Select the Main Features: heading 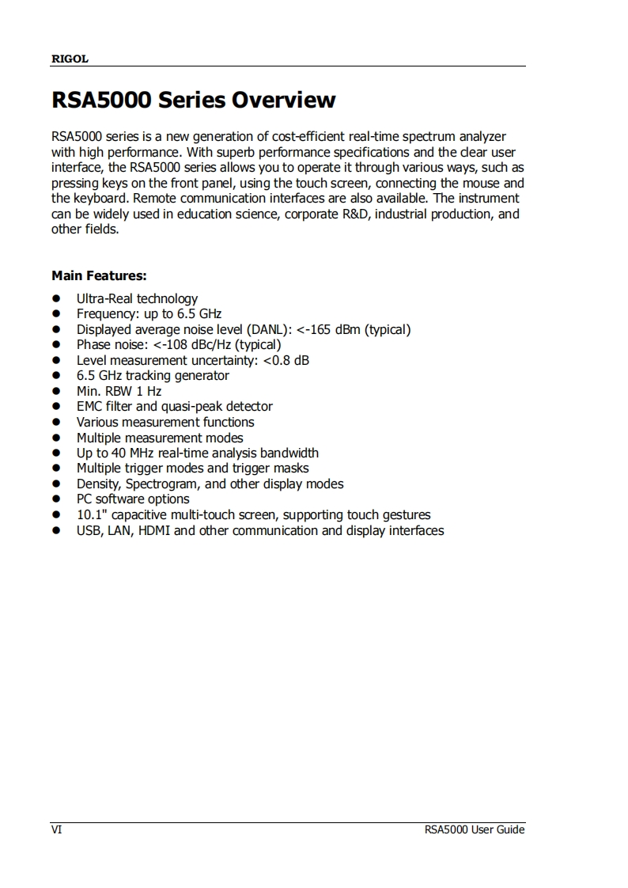[x=99, y=275]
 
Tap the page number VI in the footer [x=56, y=829]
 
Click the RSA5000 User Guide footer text [x=474, y=829]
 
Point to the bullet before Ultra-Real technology [x=57, y=299]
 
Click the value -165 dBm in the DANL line [x=333, y=329]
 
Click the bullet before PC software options [x=57, y=499]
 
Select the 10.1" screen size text [x=91, y=514]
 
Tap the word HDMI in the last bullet [x=154, y=530]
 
